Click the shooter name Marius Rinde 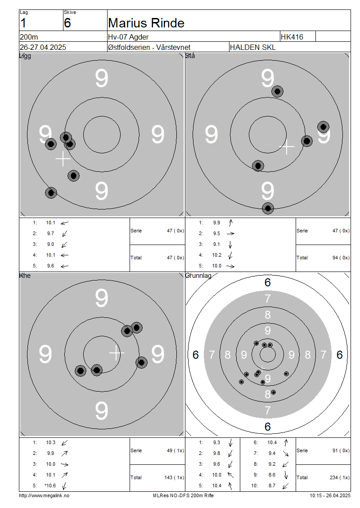[x=146, y=23]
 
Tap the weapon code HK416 [x=292, y=37]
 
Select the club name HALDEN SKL [x=252, y=47]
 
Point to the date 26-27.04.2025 [x=43, y=47]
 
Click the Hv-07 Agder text [x=128, y=37]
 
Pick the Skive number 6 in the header [x=67, y=23]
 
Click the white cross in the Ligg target [x=63, y=159]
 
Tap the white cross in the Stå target [x=287, y=147]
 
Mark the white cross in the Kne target [x=117, y=353]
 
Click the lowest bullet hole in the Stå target [x=268, y=208]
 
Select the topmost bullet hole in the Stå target [x=277, y=91]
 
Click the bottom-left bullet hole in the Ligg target [x=51, y=193]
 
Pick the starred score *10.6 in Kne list [x=50, y=486]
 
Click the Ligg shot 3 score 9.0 [x=50, y=244]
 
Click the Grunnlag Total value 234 [x=334, y=477]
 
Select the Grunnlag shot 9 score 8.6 [x=272, y=475]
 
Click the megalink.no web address [x=44, y=495]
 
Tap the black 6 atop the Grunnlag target [x=268, y=282]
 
